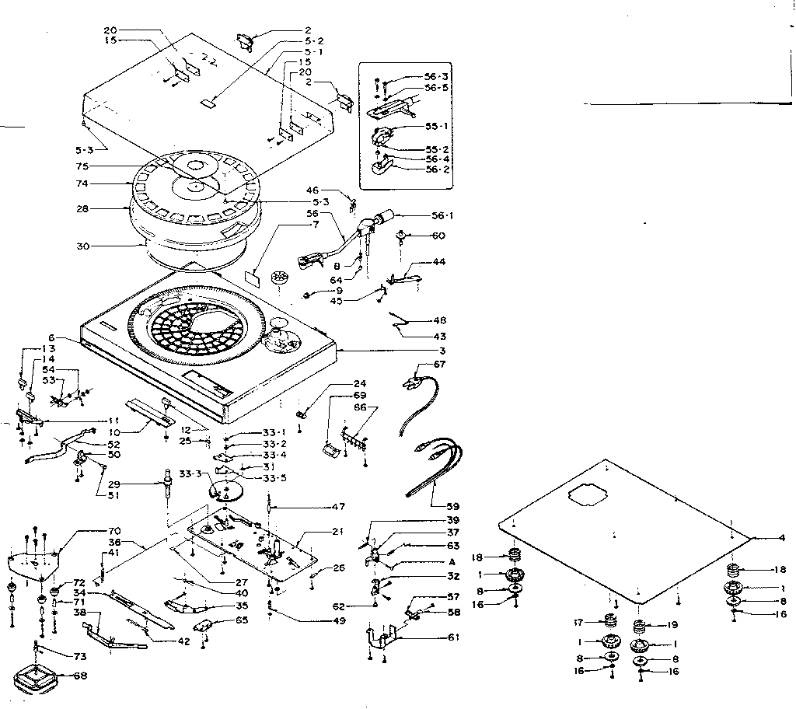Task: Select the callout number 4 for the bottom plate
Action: pyautogui.click(x=782, y=537)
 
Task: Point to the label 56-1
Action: pyautogui.click(x=445, y=216)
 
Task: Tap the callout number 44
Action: pyautogui.click(x=440, y=262)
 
